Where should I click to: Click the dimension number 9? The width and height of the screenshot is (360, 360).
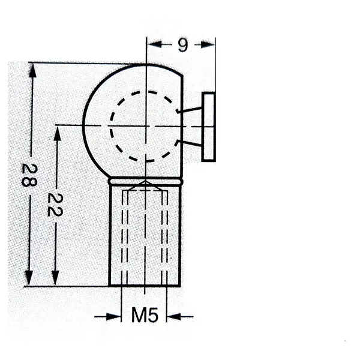point(183,45)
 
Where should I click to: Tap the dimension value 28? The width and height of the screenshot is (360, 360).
point(29,175)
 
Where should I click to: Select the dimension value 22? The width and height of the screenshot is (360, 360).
point(55,205)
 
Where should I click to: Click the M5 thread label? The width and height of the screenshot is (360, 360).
point(145,315)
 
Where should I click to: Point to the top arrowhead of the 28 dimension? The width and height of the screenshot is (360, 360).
point(33,70)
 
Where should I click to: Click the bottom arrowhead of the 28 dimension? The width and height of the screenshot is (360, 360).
point(29,278)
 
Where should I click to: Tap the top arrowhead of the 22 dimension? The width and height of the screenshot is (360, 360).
point(58,133)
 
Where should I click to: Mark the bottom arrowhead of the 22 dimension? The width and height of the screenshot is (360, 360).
point(55,278)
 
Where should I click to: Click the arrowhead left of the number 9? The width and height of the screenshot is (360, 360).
point(154,44)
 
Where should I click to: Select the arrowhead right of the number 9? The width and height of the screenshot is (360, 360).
point(208,44)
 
